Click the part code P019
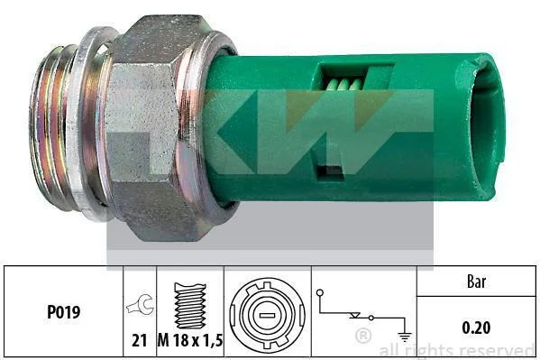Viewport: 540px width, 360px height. point(63,312)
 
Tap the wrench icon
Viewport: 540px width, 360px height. point(140,304)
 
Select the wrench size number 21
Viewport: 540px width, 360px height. point(140,340)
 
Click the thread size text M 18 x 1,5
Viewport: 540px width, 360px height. point(190,340)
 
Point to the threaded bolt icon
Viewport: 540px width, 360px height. point(190,306)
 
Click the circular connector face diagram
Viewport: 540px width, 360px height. point(267,315)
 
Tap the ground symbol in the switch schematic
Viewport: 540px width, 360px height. point(404,337)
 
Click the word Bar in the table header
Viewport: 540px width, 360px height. point(477,282)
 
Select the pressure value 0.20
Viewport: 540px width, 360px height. point(476,328)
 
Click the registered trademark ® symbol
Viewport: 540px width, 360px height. point(363,336)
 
